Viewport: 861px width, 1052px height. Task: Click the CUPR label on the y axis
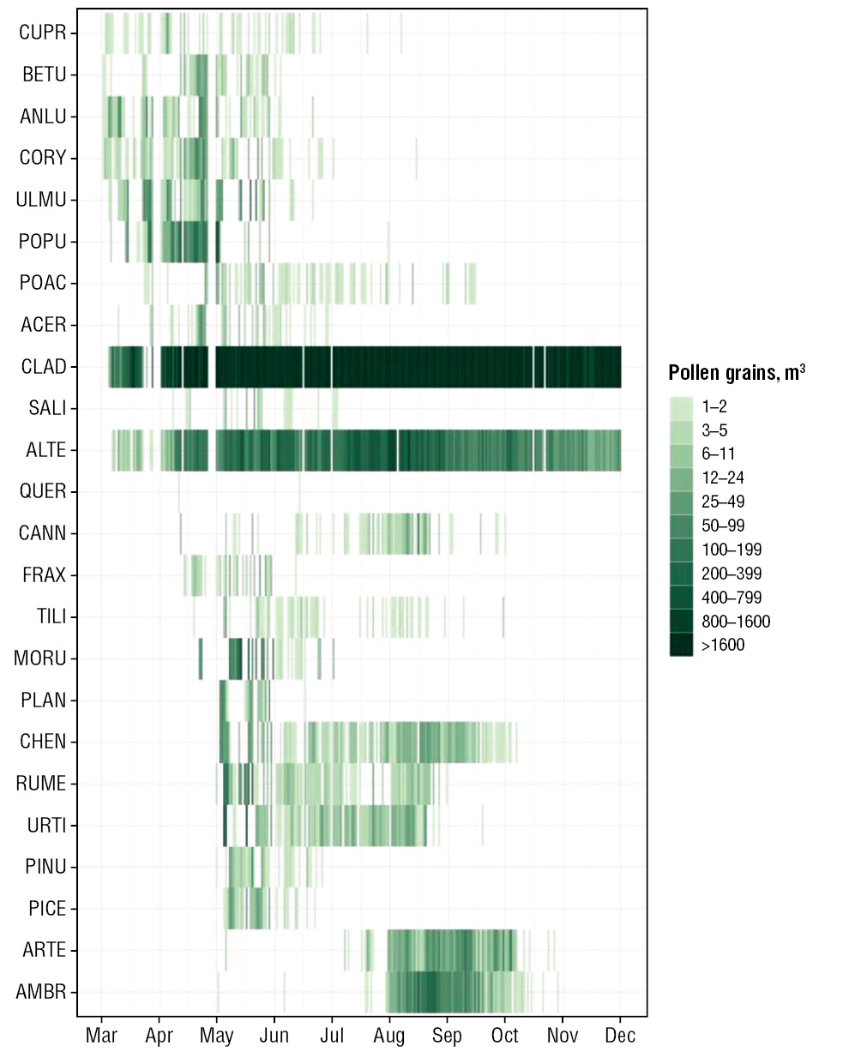pyautogui.click(x=43, y=33)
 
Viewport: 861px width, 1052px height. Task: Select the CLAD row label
pyautogui.click(x=44, y=367)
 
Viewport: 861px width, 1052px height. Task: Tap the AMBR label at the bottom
pyautogui.click(x=41, y=993)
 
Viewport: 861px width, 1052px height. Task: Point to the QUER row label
pyautogui.click(x=43, y=492)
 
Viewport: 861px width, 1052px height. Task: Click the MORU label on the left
pyautogui.click(x=40, y=659)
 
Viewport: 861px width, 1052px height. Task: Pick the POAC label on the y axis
pyautogui.click(x=43, y=284)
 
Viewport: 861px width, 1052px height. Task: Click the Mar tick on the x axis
pyautogui.click(x=101, y=1036)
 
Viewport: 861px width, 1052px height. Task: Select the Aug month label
pyautogui.click(x=389, y=1036)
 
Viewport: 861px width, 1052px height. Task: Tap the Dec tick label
pyautogui.click(x=620, y=1036)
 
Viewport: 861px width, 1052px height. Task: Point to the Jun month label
pyautogui.click(x=274, y=1036)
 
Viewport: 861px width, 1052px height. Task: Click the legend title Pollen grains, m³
pyautogui.click(x=737, y=374)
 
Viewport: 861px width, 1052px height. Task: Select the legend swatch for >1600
pyautogui.click(x=682, y=645)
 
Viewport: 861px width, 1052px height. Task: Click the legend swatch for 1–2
pyautogui.click(x=682, y=406)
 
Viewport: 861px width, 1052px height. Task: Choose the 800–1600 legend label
pyautogui.click(x=735, y=622)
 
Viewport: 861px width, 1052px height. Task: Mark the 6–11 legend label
pyautogui.click(x=718, y=454)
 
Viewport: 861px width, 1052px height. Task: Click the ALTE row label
pyautogui.click(x=45, y=451)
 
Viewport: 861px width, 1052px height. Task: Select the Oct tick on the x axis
pyautogui.click(x=504, y=1036)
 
